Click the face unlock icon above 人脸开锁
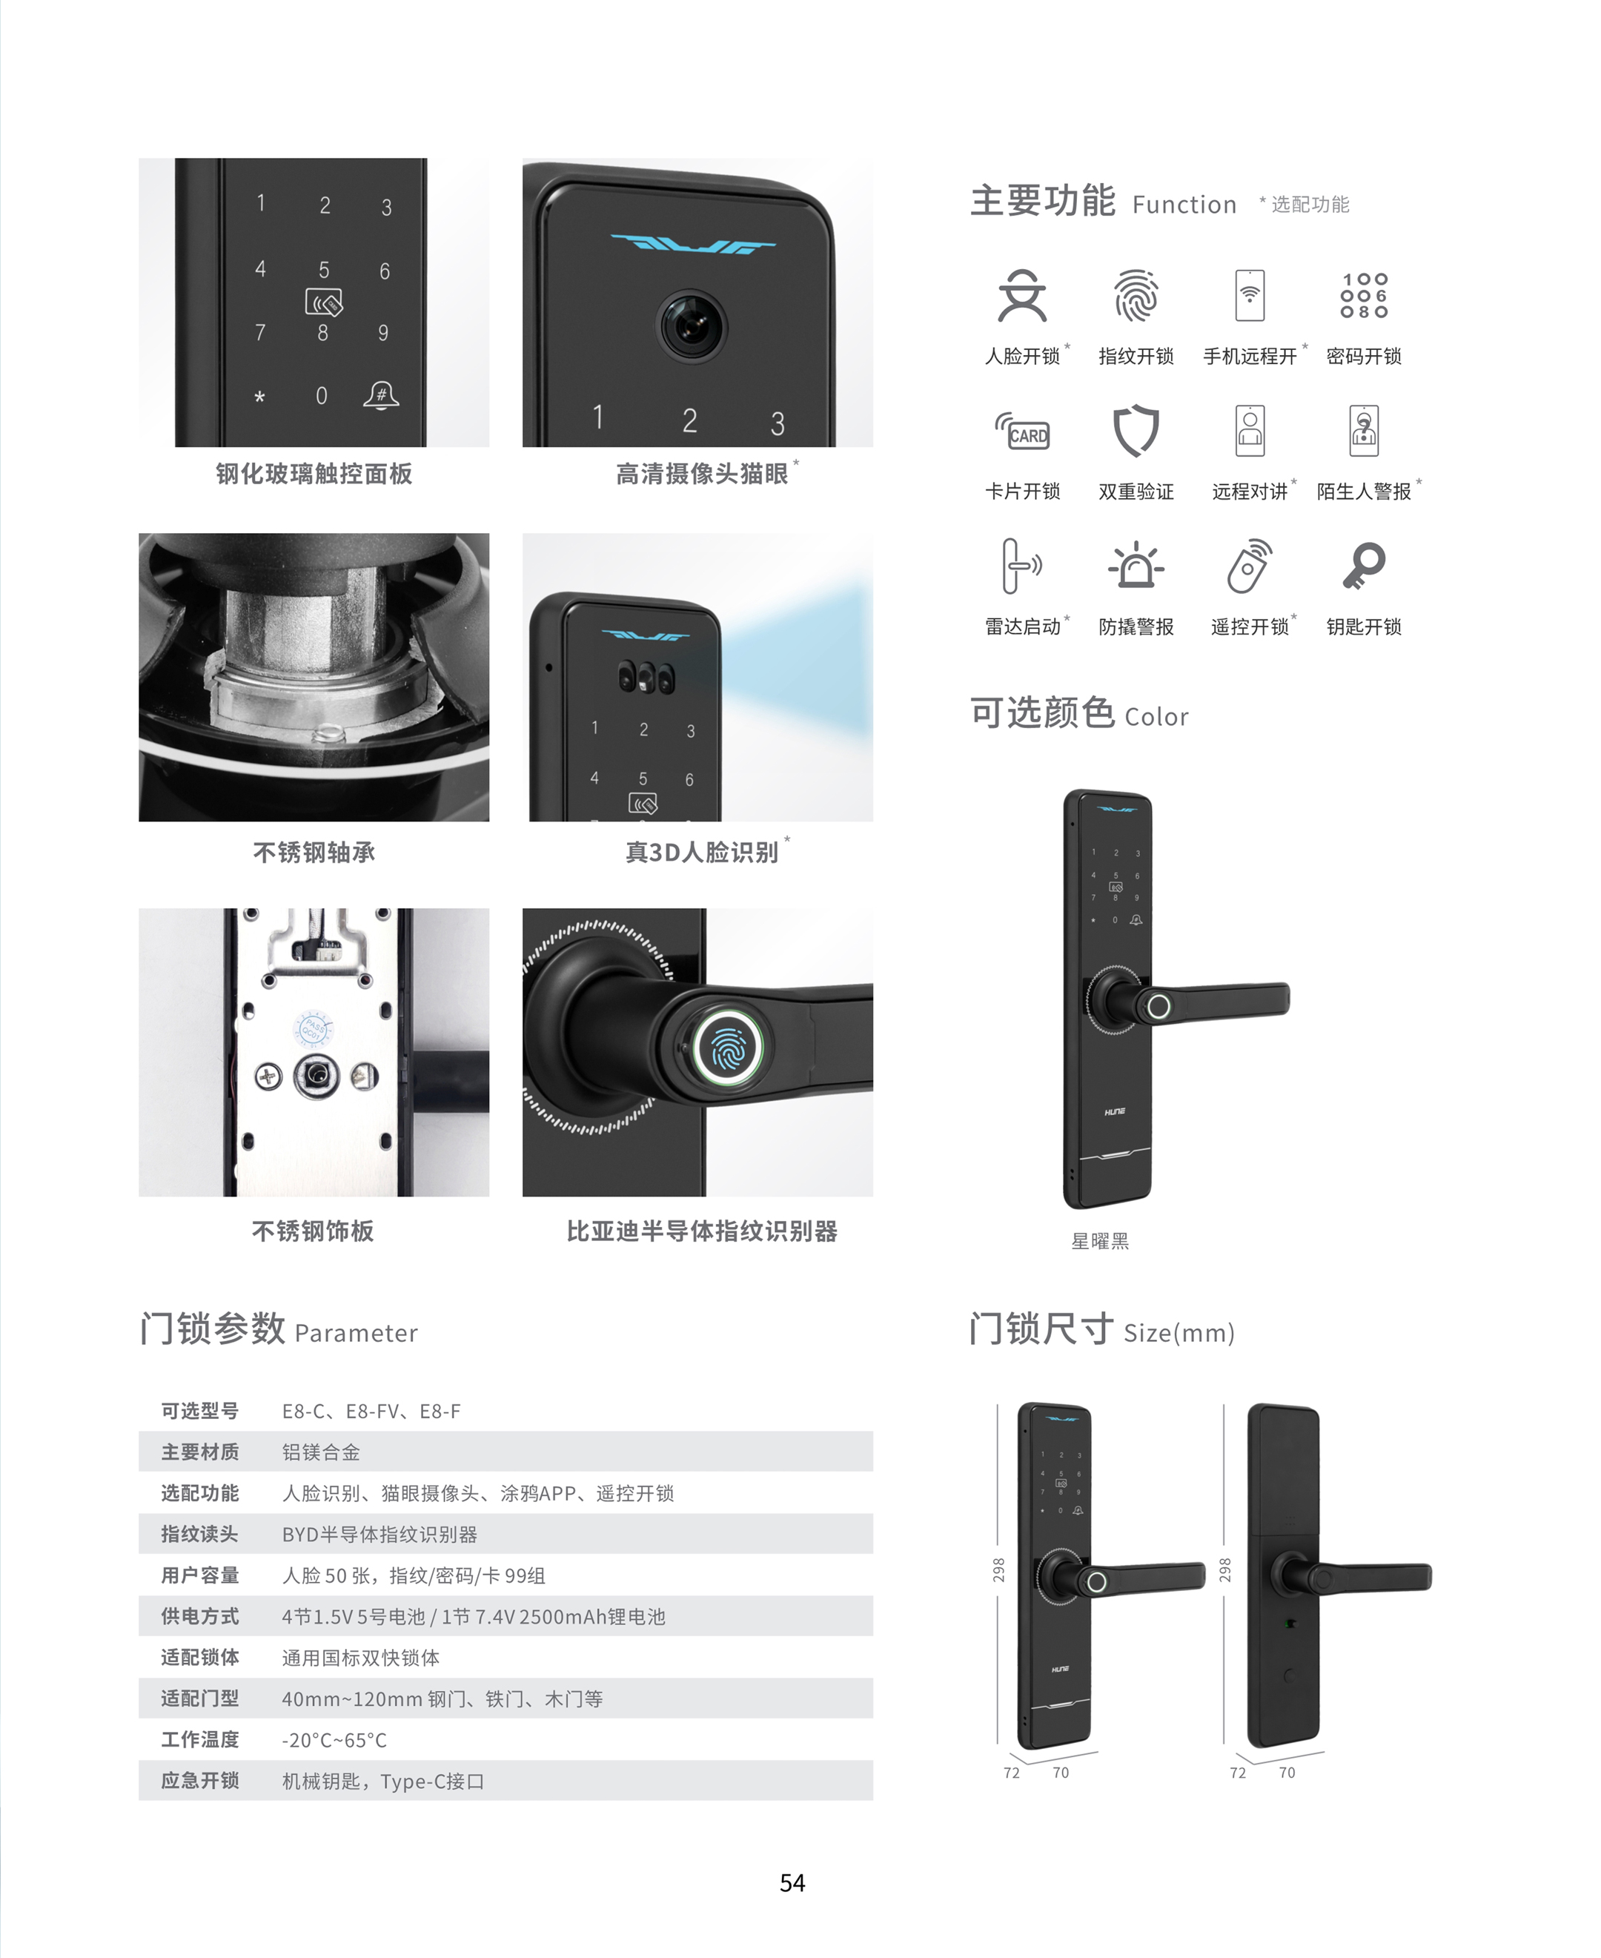1022,295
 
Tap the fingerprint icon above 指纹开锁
1136,295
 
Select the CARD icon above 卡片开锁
1022,431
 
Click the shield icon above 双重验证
1136,430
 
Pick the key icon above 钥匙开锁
1364,566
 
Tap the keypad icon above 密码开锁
1364,295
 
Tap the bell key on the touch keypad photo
381,394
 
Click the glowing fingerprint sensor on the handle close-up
729,1046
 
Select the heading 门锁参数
213,1329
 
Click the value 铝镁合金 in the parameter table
321,1452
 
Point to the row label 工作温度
200,1739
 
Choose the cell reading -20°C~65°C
335,1740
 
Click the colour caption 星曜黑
1099,1241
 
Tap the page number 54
792,1883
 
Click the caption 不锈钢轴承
314,852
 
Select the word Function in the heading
1184,205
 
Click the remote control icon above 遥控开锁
1250,566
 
